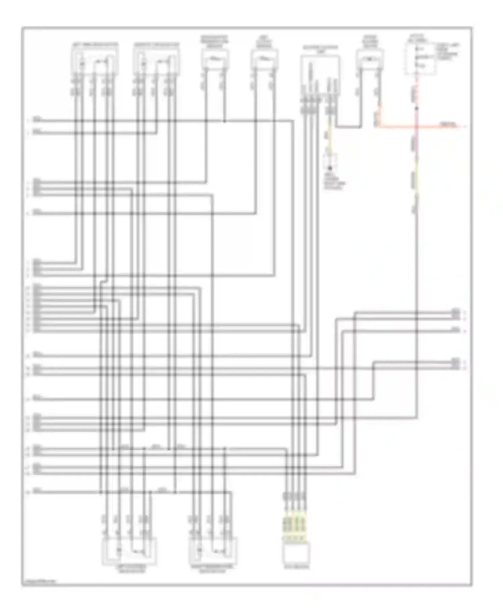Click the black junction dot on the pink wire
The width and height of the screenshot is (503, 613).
416,108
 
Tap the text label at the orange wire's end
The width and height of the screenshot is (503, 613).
448,125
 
